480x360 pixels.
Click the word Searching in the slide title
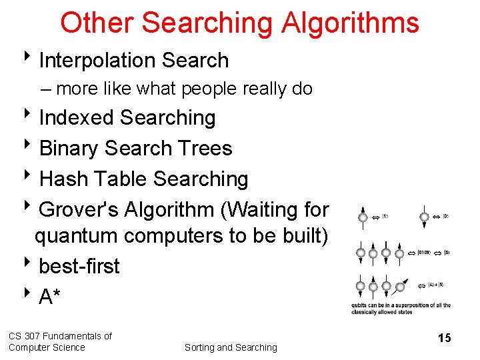pos(208,23)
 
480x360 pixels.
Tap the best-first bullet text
pos(79,266)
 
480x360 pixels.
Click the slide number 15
pos(444,338)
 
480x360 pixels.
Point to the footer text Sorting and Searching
pos(231,347)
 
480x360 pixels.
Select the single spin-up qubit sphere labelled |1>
pos(362,217)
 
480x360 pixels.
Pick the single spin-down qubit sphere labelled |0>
pos(425,217)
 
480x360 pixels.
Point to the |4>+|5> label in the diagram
pos(436,285)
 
